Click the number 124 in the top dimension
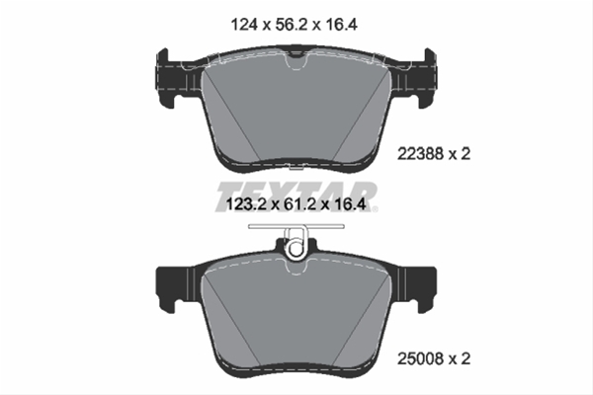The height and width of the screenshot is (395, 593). (x=244, y=25)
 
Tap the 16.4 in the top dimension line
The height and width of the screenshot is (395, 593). (x=341, y=25)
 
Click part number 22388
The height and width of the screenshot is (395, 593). (x=420, y=154)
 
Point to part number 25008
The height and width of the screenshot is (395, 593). (x=420, y=358)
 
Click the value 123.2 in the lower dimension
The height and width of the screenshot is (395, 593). (x=246, y=204)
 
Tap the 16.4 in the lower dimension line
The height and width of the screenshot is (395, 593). (x=350, y=204)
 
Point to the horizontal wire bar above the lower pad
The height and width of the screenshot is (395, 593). (x=296, y=226)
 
